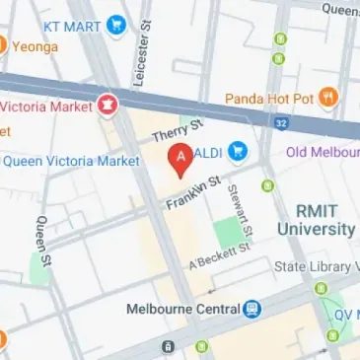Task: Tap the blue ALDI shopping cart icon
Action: pos(239,152)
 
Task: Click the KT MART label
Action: pos(74,22)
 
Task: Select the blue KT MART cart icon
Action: pos(118,22)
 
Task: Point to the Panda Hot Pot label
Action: pos(268,98)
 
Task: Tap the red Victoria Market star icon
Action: pos(106,103)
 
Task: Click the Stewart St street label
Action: pos(241,209)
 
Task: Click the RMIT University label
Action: pos(326,220)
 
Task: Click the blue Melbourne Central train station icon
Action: pos(252,309)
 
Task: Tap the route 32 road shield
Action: pos(281,123)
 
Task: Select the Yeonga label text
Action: pos(36,45)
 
